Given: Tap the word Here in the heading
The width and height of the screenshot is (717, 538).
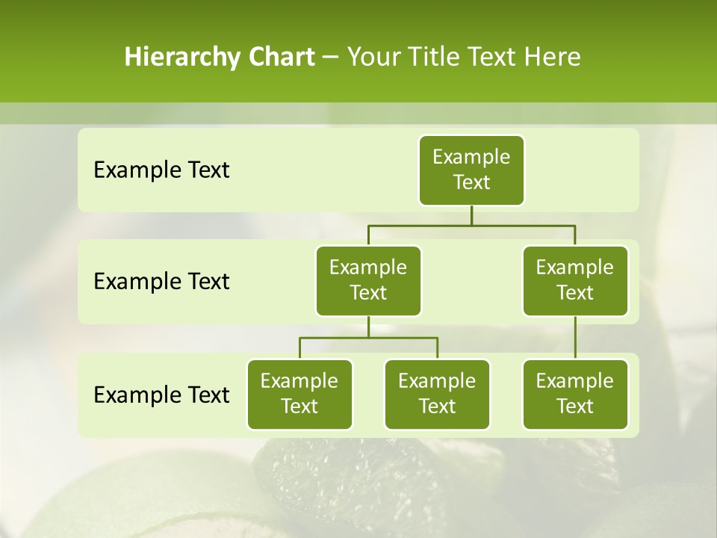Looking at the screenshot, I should [x=552, y=58].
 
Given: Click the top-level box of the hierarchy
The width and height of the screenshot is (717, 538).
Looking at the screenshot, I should [x=471, y=170].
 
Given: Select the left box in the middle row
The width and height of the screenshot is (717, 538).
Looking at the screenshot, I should [x=368, y=280].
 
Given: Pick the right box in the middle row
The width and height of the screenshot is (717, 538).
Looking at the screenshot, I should [x=575, y=280].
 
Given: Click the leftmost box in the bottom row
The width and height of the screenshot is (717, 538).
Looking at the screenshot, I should [x=299, y=394].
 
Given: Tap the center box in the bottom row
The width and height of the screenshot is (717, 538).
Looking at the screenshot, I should [x=437, y=394].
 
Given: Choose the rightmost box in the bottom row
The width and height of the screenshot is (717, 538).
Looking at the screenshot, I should [x=575, y=394].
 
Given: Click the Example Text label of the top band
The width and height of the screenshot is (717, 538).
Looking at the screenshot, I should [x=161, y=170].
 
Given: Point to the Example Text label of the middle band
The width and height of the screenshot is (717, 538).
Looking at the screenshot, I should [x=161, y=282].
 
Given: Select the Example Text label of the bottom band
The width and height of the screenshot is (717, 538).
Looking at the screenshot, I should [x=161, y=395].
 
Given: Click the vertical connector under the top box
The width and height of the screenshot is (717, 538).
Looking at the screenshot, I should [x=471, y=215].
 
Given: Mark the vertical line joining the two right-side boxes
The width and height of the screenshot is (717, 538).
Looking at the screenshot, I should [x=575, y=338].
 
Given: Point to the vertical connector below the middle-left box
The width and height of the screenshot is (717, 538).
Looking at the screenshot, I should [x=368, y=327].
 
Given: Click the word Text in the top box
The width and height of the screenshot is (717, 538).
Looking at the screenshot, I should [x=471, y=182].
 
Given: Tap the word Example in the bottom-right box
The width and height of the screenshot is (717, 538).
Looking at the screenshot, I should [x=575, y=381].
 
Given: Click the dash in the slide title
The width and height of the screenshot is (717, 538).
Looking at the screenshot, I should [x=331, y=58].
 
